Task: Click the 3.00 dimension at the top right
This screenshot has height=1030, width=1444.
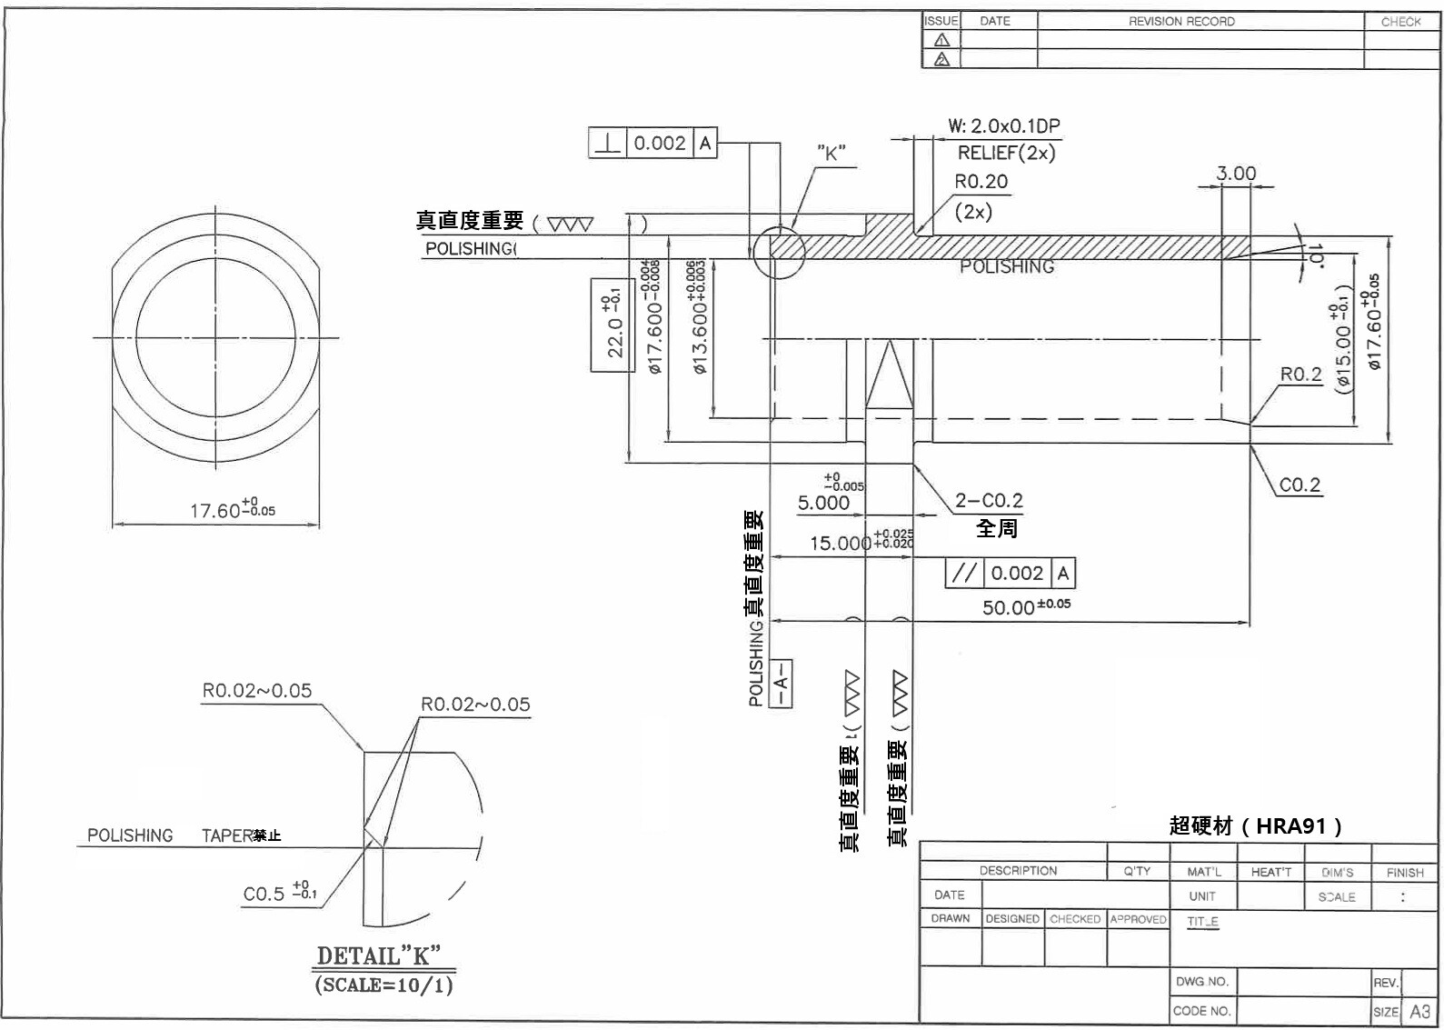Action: (1236, 174)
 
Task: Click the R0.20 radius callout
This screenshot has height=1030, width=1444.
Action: (981, 182)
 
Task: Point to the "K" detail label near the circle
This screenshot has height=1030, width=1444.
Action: (831, 153)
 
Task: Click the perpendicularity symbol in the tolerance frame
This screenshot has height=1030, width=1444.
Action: (608, 144)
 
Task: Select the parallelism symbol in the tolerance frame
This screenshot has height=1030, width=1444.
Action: (964, 573)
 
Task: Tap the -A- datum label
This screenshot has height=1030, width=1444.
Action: (781, 684)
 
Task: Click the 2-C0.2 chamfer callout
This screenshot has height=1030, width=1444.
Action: (989, 500)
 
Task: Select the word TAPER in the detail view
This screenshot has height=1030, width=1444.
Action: (226, 835)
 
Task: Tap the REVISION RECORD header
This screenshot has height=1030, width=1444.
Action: (1181, 21)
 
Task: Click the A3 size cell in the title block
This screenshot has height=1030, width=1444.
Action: (1419, 1011)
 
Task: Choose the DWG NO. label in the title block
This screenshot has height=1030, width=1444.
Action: (1201, 982)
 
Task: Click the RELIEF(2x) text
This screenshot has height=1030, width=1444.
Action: (1006, 153)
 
